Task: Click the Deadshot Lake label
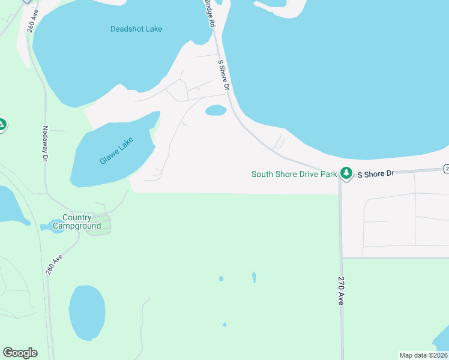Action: pos(136,29)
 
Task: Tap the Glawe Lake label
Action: pos(117,151)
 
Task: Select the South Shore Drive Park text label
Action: pos(294,175)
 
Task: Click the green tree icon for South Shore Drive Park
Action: pos(346,173)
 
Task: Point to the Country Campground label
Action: pos(76,222)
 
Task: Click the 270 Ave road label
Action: pos(340,290)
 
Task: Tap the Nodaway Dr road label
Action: pos(45,143)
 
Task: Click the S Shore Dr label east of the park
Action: pos(376,173)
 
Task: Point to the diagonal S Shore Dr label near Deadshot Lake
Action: pos(224,75)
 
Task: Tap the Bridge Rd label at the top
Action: pos(209,13)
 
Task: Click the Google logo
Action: pos(20,353)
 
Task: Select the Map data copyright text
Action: pos(423,355)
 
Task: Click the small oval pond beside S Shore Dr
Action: pos(215,110)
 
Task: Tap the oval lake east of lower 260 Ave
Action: pos(87,312)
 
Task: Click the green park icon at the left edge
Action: pos(2,125)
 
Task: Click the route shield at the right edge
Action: pos(446,169)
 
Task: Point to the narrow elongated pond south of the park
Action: pos(254,277)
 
